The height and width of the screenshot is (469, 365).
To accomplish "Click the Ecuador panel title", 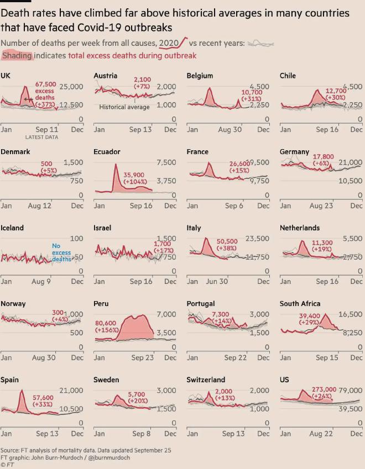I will (107, 151).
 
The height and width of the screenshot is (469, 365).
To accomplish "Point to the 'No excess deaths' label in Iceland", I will (61, 252).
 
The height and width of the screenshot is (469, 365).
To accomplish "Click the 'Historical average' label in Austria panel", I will (124, 107).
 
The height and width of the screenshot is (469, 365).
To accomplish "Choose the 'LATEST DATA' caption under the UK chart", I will (41, 137).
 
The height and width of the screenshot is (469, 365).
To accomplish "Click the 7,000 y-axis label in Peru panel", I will (165, 314).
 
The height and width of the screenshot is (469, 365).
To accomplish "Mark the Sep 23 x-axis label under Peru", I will (142, 357).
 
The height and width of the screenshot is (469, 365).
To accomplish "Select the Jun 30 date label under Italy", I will (217, 281).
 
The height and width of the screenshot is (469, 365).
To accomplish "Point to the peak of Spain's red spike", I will (22, 391).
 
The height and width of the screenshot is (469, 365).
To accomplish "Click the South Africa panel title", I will (300, 303).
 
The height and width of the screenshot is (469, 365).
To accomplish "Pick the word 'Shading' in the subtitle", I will (17, 55).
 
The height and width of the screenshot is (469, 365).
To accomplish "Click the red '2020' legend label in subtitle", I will (169, 43).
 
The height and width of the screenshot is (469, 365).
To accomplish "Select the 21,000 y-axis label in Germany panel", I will (350, 162).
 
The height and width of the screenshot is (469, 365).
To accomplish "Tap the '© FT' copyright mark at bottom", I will (7, 465).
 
